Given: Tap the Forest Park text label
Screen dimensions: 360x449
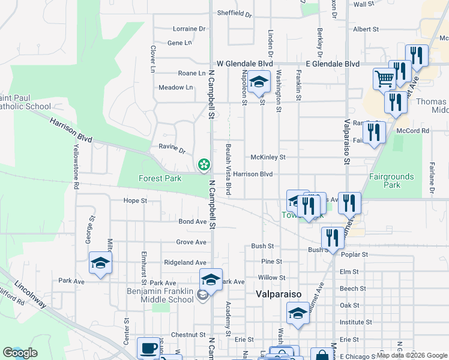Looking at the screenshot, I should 160,178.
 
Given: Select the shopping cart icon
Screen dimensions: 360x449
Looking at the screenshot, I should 384,78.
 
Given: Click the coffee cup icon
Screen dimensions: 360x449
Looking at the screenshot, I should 148,348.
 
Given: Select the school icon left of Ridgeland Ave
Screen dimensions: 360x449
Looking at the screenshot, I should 100,263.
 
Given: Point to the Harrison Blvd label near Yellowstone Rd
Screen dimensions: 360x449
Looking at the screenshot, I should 71,130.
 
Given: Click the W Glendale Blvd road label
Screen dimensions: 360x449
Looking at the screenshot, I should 245,64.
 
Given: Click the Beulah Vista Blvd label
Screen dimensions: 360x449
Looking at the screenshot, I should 228,168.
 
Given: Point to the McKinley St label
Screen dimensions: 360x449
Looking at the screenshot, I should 268,157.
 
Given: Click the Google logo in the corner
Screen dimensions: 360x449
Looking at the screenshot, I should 20,353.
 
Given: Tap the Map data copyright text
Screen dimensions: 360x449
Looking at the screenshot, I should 412,355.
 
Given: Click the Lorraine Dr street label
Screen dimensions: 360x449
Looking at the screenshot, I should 188,29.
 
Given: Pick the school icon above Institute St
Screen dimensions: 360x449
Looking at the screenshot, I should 298,313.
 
